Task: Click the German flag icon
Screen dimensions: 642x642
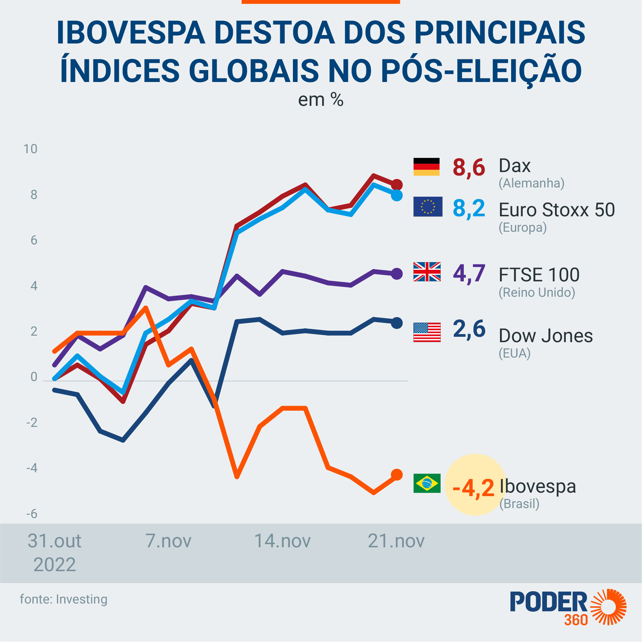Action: [426, 167]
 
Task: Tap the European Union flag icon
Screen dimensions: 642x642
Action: [428, 207]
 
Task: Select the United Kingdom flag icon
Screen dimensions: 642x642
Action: [427, 272]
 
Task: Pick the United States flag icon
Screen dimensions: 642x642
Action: [427, 332]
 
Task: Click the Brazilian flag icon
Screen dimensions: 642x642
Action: [427, 483]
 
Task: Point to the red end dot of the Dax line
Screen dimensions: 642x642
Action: [397, 185]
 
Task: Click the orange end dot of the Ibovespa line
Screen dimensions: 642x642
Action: [397, 475]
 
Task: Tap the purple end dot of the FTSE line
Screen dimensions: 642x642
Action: [397, 274]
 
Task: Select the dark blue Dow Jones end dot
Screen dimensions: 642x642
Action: [397, 323]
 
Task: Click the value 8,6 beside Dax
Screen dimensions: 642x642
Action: [469, 168]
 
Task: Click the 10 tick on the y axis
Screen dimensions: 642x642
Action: [30, 149]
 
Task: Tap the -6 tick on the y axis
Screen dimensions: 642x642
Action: [32, 514]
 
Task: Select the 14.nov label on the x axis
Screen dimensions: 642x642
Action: [282, 541]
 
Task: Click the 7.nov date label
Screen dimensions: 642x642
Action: [168, 541]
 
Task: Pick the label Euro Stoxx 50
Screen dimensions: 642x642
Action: [557, 210]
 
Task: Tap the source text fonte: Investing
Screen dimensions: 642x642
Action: [64, 599]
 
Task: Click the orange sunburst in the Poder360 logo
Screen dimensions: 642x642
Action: [609, 607]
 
